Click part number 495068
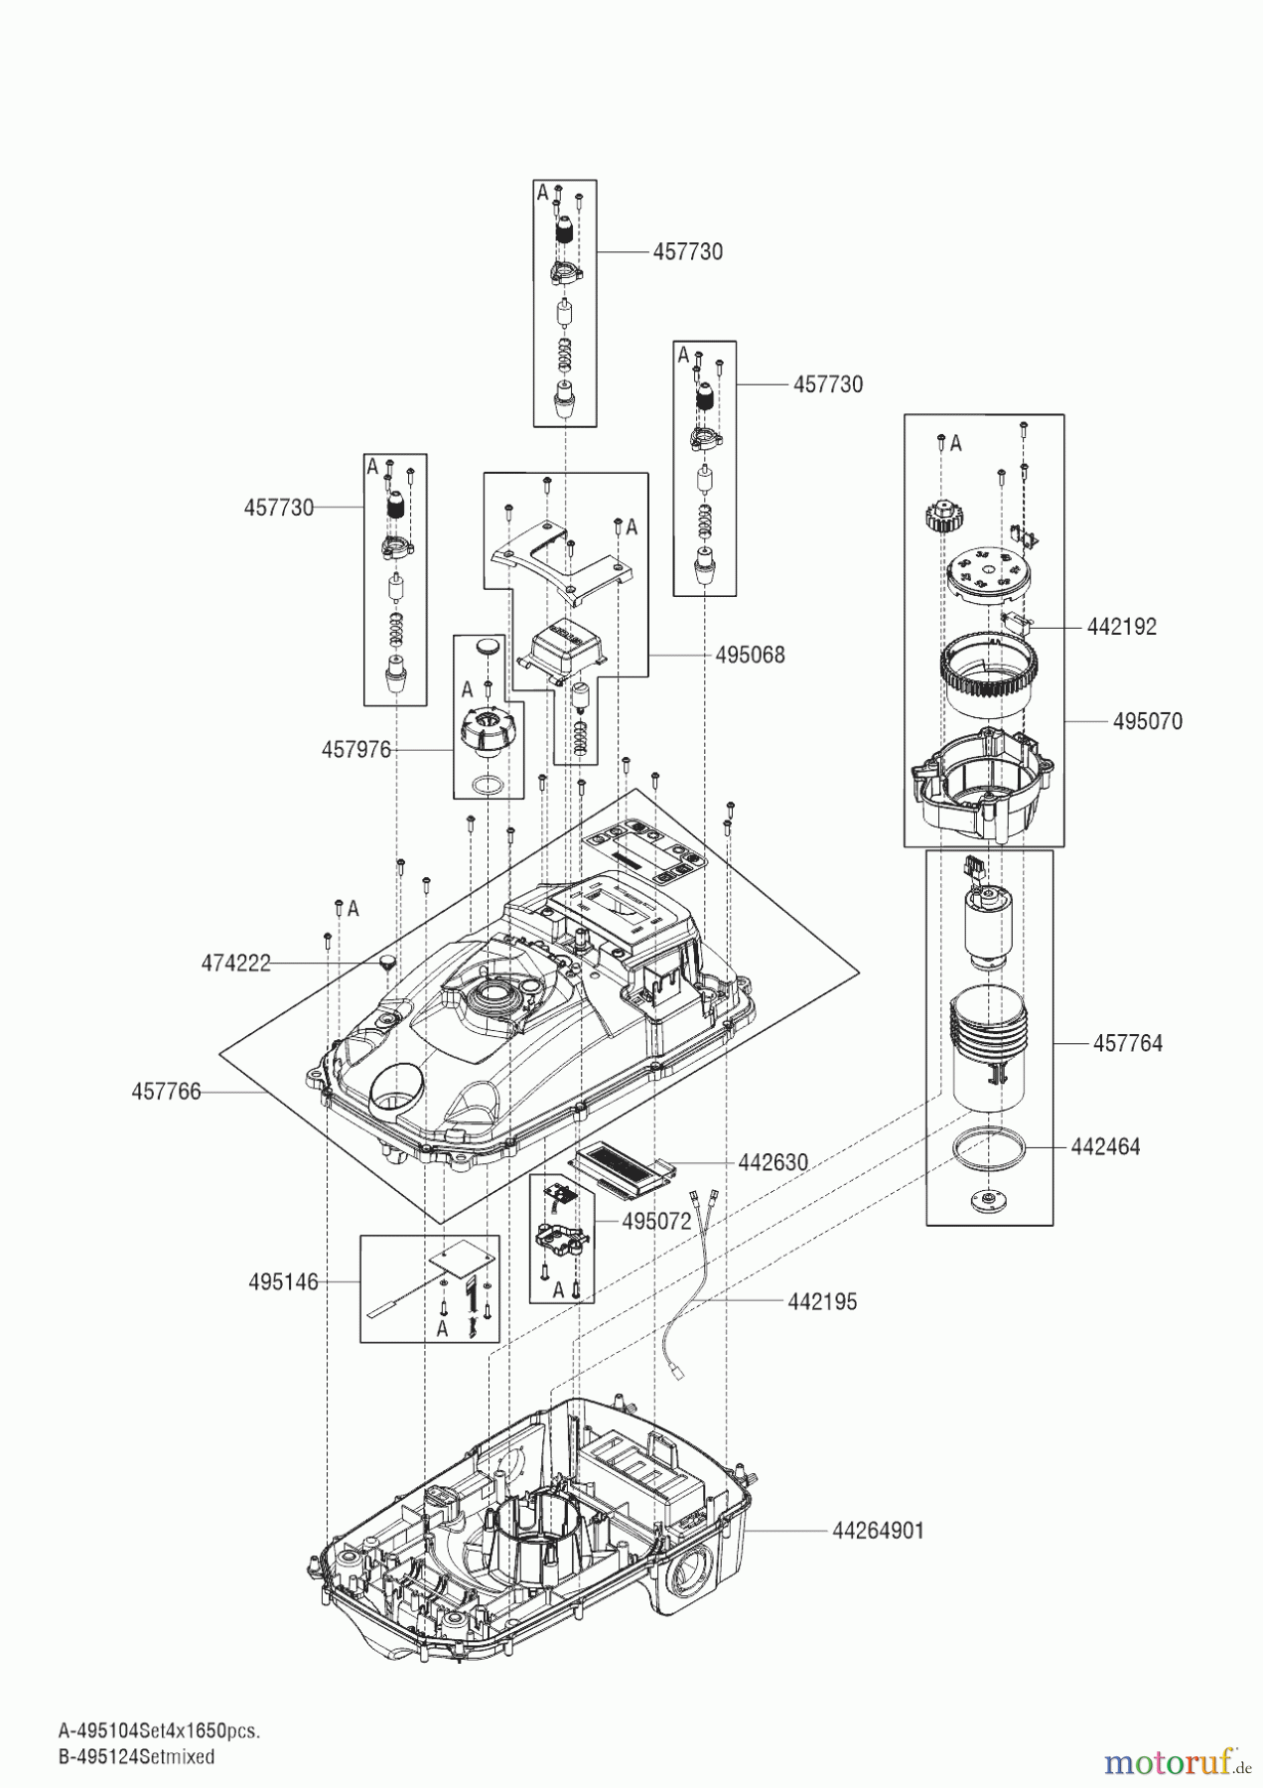[750, 656]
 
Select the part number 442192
[1121, 628]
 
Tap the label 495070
[1147, 722]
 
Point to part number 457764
[1127, 1044]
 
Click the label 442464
[1105, 1147]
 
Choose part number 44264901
[877, 1531]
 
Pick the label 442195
[822, 1302]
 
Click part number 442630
[772, 1162]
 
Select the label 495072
[656, 1222]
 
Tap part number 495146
[283, 1282]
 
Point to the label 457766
[166, 1093]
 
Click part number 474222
[235, 964]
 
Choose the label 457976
[355, 750]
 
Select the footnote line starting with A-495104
[159, 1731]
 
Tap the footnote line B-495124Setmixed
[136, 1756]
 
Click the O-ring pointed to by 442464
[989, 1148]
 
